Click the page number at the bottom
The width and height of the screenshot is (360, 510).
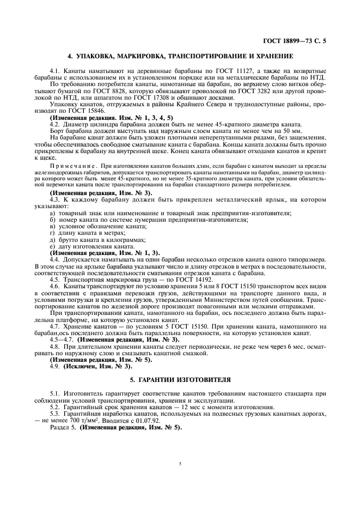point(180,464)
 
